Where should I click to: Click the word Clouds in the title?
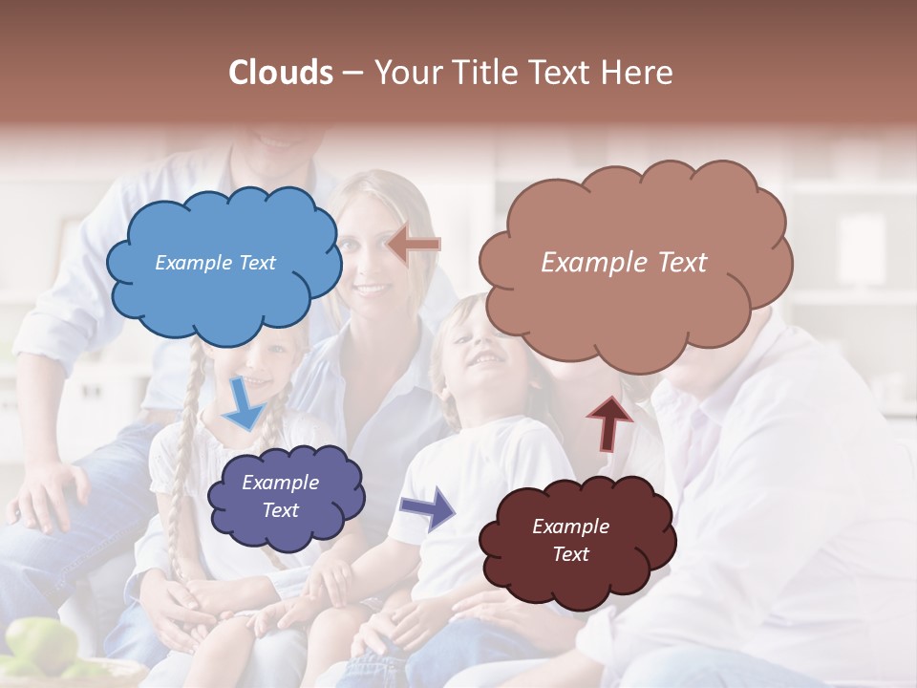281,73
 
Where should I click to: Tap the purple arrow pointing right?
428,507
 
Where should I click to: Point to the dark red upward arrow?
609,423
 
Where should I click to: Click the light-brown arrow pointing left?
415,245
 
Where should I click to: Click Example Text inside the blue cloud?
215,263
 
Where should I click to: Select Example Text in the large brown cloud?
624,263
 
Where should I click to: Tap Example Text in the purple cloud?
281,496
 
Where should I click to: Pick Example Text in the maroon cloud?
570,540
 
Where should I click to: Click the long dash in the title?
352,74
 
